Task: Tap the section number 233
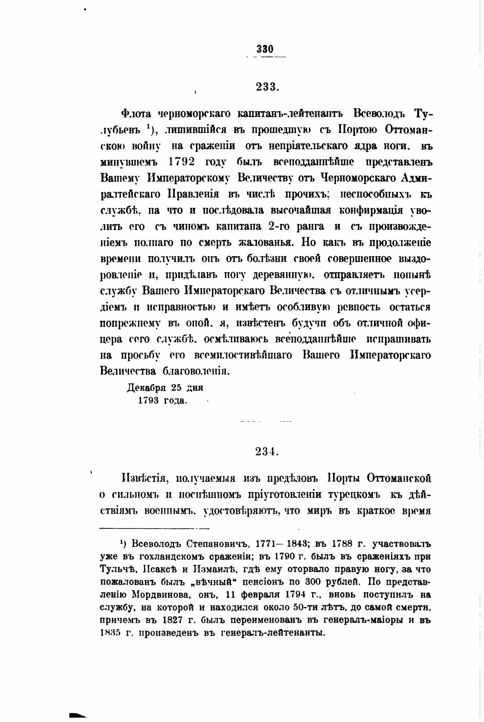[267, 87]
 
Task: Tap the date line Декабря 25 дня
[165, 388]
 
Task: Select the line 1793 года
[162, 400]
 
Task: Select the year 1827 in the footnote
[174, 620]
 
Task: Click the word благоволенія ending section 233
[196, 371]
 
